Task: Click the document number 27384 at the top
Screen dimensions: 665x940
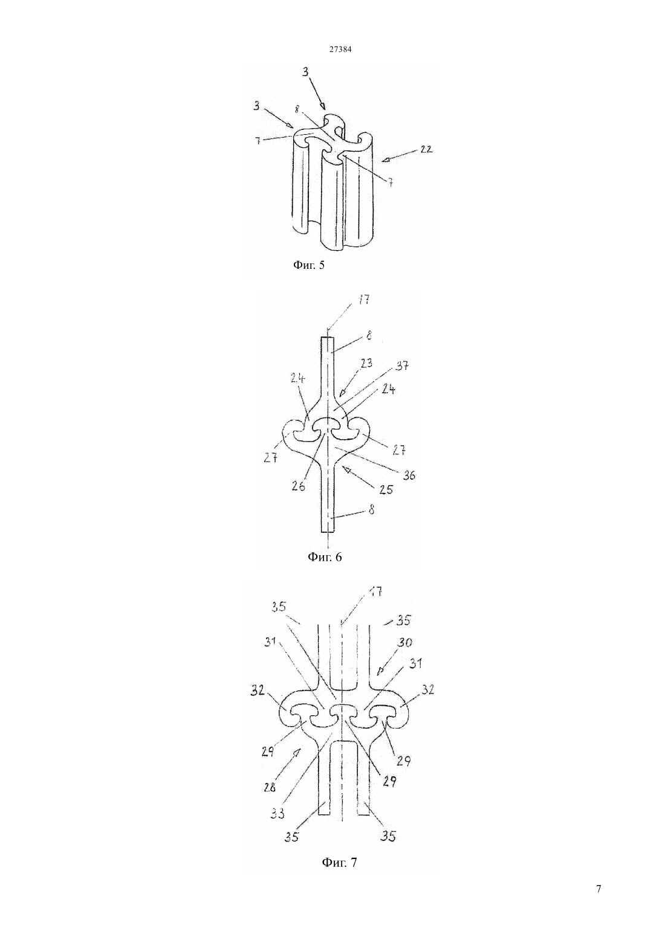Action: [340, 50]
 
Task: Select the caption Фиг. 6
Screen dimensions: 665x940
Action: [325, 556]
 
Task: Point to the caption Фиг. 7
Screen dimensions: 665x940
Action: [339, 862]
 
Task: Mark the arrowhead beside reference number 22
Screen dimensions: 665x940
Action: [386, 159]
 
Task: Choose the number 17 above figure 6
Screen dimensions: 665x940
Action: [364, 300]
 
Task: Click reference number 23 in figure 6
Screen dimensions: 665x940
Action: [366, 362]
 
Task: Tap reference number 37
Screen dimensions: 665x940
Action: [402, 366]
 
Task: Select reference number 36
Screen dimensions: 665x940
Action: [408, 475]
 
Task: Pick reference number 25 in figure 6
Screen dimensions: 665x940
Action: [386, 489]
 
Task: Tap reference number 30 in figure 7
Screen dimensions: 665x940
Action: [404, 642]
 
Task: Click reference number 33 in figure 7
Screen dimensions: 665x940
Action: [277, 813]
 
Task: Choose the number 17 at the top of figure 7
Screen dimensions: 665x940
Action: [375, 591]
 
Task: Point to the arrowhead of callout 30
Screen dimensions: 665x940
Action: [380, 671]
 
